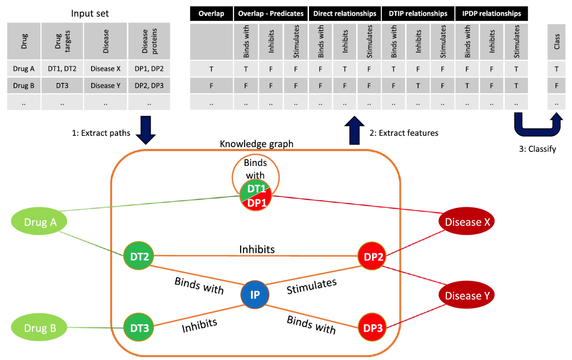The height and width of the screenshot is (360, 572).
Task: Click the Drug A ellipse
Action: [40, 222]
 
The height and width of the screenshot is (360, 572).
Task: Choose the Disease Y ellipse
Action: [467, 295]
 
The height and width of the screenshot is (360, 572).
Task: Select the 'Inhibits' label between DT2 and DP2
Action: [257, 249]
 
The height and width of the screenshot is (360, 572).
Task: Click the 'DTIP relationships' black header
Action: [418, 14]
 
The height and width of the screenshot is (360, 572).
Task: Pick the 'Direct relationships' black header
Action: [345, 14]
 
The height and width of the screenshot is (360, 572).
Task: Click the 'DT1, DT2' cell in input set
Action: [62, 69]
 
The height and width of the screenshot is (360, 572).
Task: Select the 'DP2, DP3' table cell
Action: [149, 86]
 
